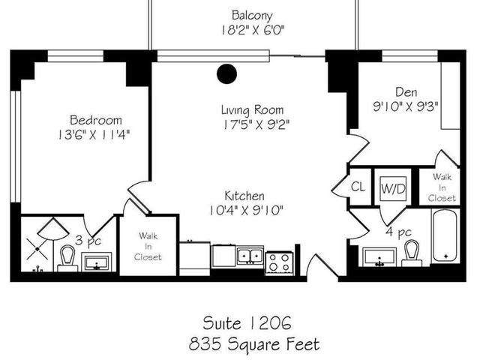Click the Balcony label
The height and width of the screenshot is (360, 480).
[251, 15]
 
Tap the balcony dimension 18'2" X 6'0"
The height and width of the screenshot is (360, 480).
[252, 31]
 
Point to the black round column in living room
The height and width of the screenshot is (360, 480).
[226, 73]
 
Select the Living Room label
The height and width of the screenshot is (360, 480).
[251, 109]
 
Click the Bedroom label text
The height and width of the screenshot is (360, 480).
[95, 120]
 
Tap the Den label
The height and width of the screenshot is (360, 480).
[405, 91]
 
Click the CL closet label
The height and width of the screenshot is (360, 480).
[358, 187]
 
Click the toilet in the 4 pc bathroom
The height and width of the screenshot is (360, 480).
[411, 253]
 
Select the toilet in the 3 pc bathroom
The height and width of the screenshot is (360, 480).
[66, 258]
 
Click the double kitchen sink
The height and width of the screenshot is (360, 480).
[250, 256]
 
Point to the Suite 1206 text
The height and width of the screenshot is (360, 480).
[247, 323]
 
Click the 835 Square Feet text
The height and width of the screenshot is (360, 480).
[255, 344]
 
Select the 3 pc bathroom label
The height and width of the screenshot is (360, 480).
[88, 241]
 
